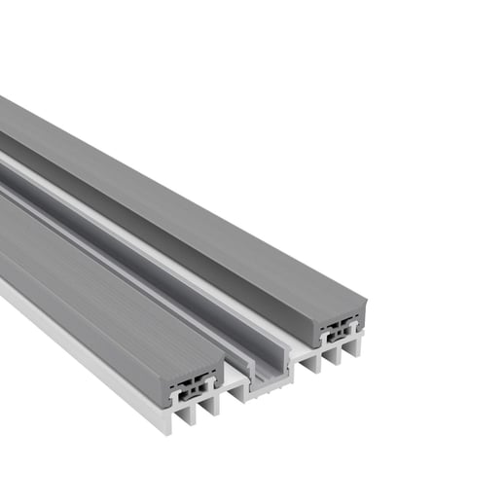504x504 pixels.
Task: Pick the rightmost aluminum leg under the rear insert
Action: pos(355,345)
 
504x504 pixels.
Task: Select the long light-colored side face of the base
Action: pos(78,341)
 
